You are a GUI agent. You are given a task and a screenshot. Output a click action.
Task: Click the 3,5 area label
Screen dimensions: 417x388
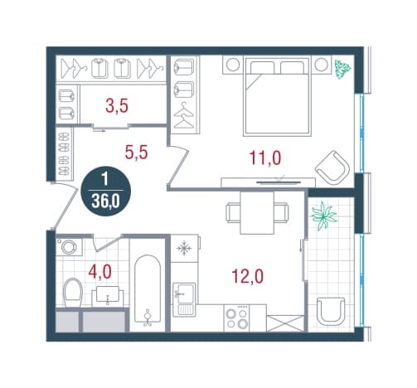click(117, 106)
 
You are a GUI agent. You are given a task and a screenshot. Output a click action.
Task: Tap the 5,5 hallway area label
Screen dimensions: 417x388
click(136, 153)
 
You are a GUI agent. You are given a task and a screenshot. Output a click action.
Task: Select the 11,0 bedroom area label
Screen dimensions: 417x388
click(265, 158)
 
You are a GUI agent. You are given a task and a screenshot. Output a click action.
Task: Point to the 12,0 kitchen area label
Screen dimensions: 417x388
click(248, 276)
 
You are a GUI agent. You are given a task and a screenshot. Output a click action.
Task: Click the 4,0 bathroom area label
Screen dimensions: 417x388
click(99, 271)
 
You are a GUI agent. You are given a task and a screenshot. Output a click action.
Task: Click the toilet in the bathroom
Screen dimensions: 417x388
click(72, 293)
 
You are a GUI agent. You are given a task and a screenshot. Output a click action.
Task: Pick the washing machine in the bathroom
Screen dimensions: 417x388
click(69, 247)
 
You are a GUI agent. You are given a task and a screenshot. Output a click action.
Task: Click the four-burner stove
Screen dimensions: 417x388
click(236, 318)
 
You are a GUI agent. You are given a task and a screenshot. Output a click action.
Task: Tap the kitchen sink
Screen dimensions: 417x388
click(184, 299)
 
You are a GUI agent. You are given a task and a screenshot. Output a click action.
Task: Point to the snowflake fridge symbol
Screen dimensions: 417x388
click(184, 249)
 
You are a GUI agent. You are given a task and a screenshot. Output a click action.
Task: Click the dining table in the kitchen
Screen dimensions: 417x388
click(257, 212)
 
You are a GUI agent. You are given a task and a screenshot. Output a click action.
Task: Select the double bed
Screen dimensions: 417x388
click(277, 96)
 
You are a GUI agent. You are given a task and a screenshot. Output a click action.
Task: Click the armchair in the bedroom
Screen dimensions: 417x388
click(332, 168)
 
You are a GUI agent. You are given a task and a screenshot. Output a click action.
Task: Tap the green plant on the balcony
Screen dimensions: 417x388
click(324, 216)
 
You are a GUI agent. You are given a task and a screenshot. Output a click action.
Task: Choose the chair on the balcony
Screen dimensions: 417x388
click(331, 312)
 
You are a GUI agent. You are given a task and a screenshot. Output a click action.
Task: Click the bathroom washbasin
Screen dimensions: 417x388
click(108, 295)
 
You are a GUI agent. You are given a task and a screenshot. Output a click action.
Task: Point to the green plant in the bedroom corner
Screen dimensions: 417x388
click(342, 69)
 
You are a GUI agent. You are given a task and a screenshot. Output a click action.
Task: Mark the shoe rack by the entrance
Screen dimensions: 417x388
click(65, 154)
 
